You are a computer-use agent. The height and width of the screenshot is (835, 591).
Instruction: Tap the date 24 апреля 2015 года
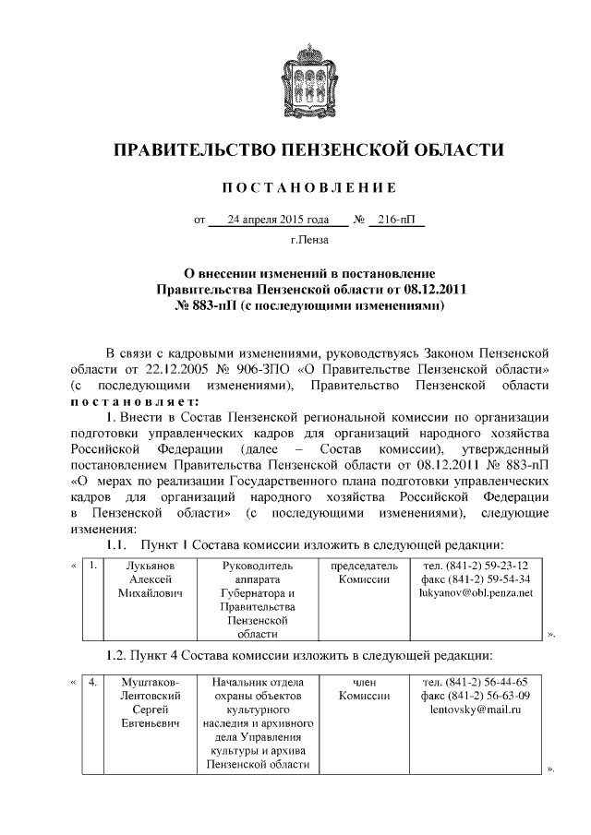click(x=278, y=221)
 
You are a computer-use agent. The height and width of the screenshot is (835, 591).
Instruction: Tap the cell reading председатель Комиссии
click(x=361, y=572)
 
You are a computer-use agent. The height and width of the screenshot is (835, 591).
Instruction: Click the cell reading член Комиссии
click(x=361, y=689)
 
